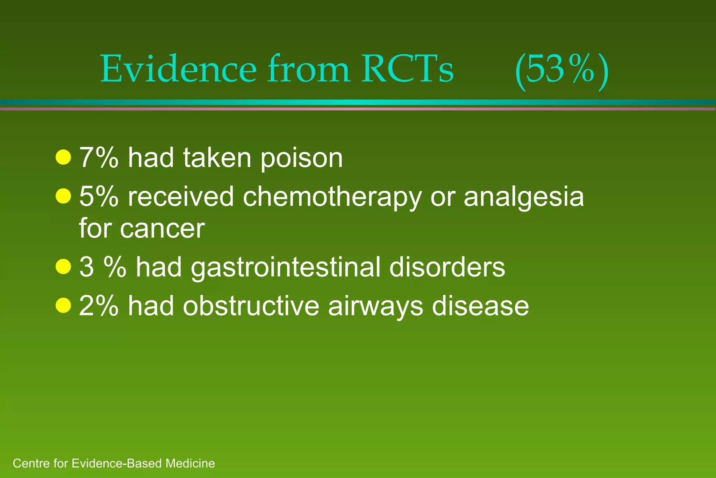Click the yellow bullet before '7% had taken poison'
coord(63,157)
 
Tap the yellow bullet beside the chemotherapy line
coord(63,196)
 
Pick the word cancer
coord(162,229)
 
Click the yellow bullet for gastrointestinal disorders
coord(63,267)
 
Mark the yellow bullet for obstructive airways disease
coord(63,305)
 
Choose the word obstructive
coord(251,305)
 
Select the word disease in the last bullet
coord(480,305)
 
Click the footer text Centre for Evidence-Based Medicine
coord(114,463)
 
